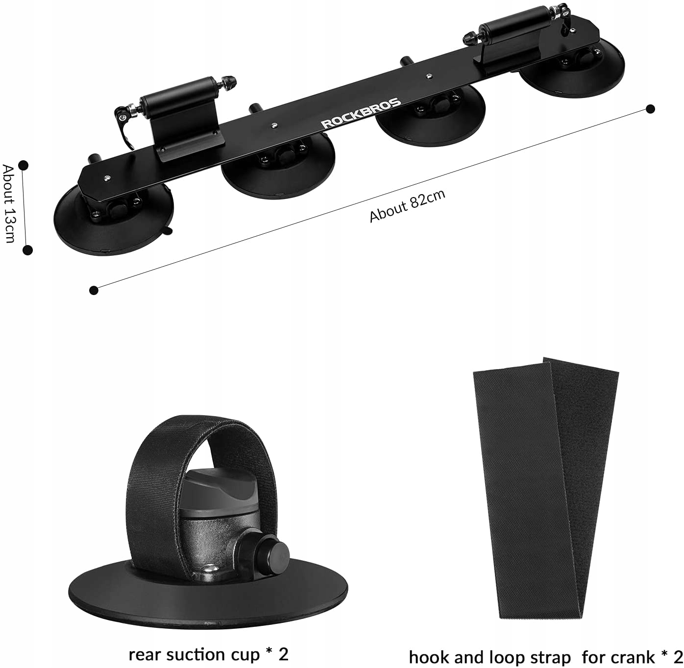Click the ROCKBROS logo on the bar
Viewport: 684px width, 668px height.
361,114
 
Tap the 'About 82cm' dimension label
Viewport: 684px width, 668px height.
407,206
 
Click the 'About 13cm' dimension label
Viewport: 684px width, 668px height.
9,203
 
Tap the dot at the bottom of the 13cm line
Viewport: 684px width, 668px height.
28,250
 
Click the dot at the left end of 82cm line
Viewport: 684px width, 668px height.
94,290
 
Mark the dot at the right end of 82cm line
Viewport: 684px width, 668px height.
650,109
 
